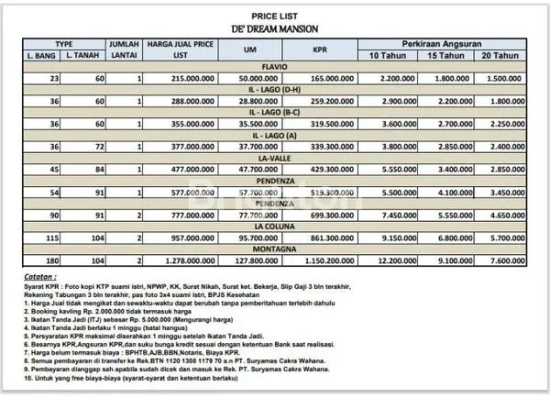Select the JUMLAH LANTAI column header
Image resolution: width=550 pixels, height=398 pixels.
coord(125,50)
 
